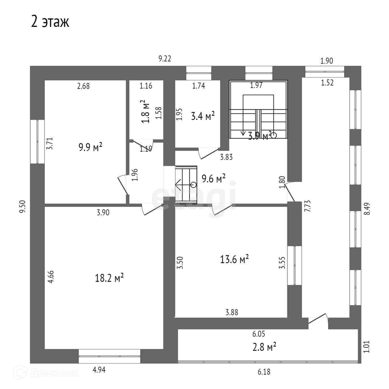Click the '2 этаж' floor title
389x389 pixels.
50,22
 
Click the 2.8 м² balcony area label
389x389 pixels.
264,347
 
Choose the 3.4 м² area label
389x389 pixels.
203,116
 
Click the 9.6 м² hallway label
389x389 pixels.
213,179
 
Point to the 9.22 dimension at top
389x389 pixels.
165,59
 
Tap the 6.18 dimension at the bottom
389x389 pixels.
264,372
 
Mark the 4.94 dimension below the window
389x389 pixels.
99,370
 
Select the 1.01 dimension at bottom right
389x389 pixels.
367,346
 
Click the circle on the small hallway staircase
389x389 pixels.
194,185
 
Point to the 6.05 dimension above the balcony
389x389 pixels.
259,334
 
